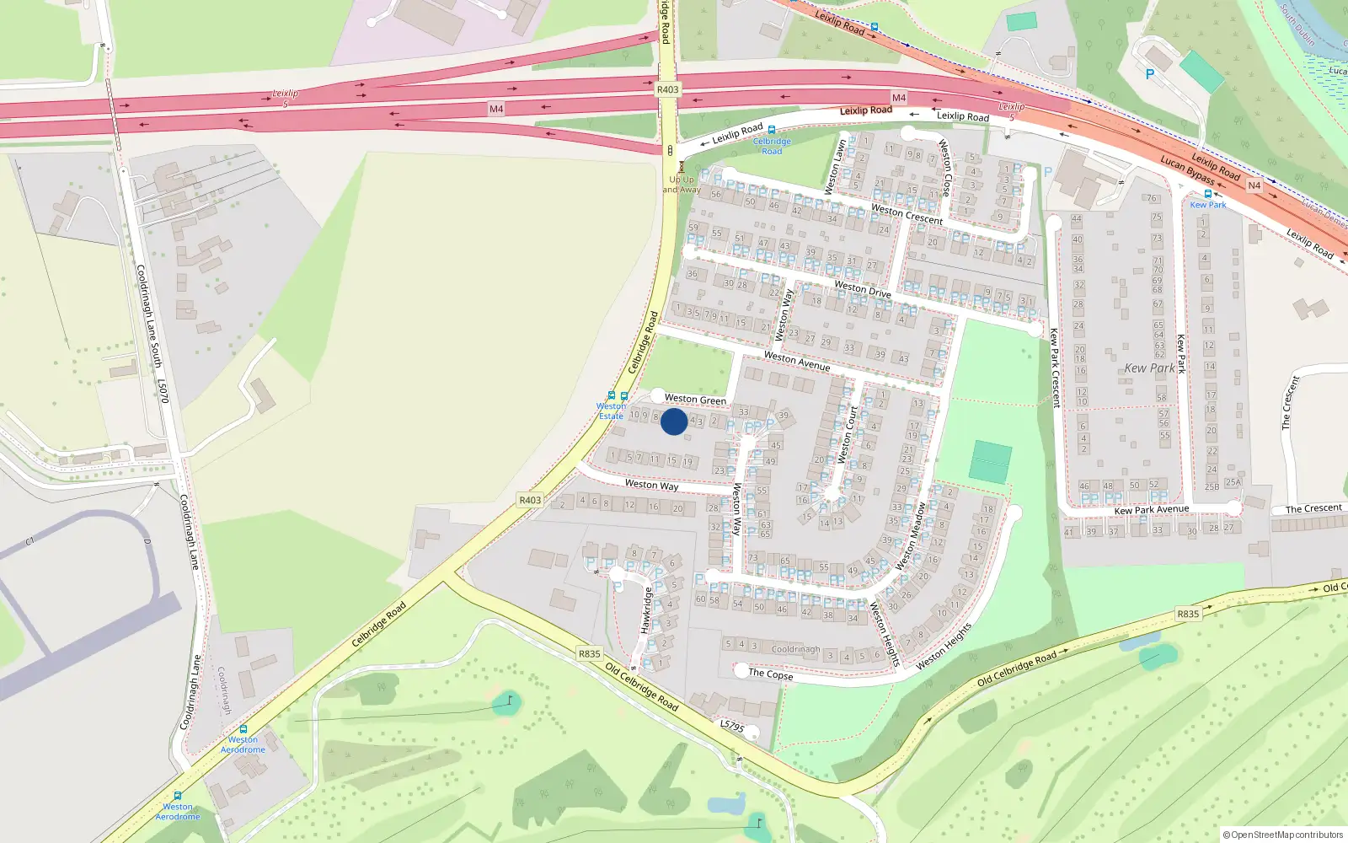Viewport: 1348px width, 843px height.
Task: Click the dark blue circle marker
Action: coord(674,421)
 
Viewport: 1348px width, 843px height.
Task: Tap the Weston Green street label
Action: coord(695,399)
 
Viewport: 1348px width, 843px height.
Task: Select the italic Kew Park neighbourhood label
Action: coord(1149,368)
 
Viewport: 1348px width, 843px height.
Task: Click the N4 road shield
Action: coord(1254,185)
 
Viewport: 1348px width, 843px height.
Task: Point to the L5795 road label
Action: coord(732,725)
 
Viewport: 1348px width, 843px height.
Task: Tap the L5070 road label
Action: coord(163,390)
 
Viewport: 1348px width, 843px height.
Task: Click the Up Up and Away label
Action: coord(682,185)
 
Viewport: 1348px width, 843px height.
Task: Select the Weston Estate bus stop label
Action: coord(611,411)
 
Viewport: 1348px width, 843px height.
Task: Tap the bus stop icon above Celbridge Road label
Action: coord(772,130)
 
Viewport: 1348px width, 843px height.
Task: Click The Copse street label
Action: coord(770,674)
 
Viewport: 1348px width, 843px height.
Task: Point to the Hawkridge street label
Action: coord(647,610)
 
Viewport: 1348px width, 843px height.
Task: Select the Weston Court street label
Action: coord(848,434)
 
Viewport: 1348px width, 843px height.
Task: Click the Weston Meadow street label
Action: coord(911,537)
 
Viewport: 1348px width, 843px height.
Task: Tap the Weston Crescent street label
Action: coord(907,214)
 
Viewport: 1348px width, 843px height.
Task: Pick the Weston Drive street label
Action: coord(862,289)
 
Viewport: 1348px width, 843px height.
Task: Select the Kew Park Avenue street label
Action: coord(1151,509)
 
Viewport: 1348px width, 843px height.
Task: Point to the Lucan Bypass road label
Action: coord(1187,169)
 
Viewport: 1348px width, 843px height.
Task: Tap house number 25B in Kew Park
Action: coord(1212,486)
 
